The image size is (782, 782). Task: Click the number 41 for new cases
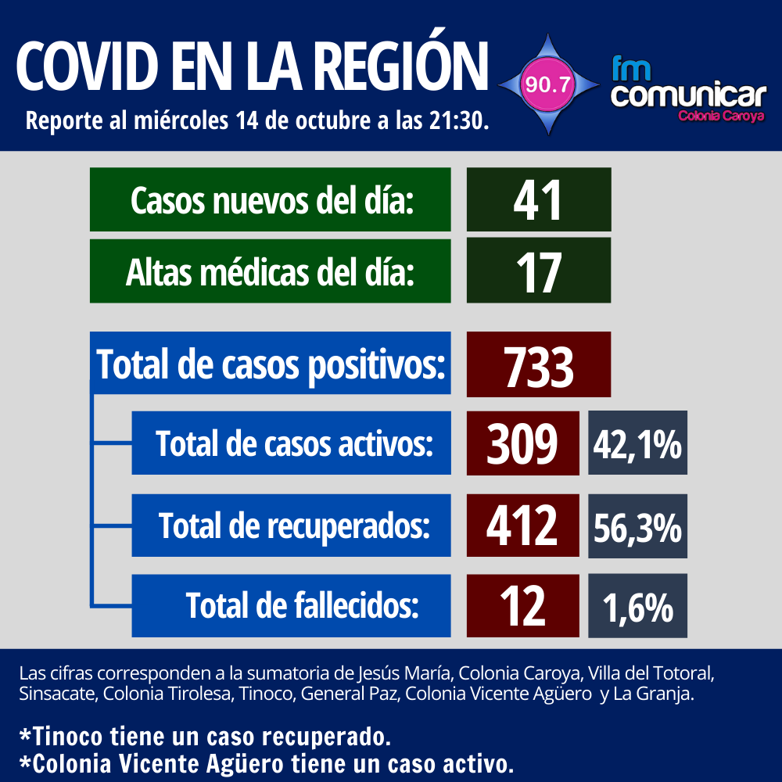tap(538, 200)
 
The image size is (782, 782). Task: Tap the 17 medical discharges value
tap(538, 271)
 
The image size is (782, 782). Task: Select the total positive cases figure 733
tap(538, 365)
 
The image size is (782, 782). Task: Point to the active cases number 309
tap(522, 443)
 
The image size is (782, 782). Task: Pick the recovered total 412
tap(522, 526)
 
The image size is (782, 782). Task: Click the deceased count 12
tap(522, 606)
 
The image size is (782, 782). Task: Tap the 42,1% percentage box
tap(637, 443)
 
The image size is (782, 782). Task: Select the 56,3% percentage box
tap(637, 526)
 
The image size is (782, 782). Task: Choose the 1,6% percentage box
tap(637, 606)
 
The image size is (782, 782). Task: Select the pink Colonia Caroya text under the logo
tap(720, 116)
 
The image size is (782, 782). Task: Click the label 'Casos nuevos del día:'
tap(271, 200)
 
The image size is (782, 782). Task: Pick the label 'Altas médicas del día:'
tap(271, 271)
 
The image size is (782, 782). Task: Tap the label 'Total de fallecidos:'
tap(302, 606)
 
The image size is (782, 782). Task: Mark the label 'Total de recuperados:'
tap(294, 526)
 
